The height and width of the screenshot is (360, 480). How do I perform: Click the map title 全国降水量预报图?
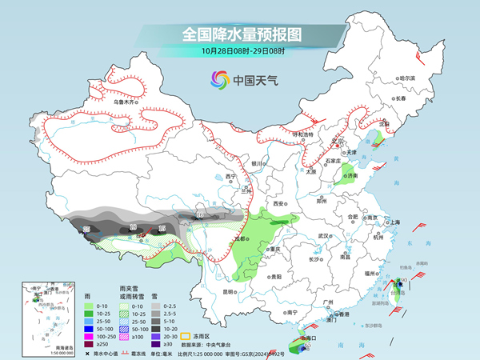point(239,34)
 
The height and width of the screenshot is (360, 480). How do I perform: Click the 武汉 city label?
point(324,236)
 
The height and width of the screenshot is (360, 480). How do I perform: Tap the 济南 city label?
point(350,175)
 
